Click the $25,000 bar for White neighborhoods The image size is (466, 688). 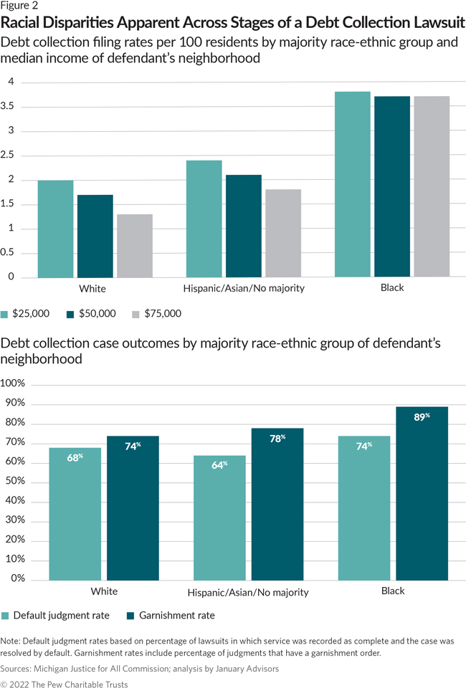tap(55, 229)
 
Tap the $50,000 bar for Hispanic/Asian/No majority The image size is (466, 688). tap(243, 226)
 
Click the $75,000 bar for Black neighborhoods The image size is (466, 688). tap(432, 186)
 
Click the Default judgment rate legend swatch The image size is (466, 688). tap(6, 616)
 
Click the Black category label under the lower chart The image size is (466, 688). tap(393, 591)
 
